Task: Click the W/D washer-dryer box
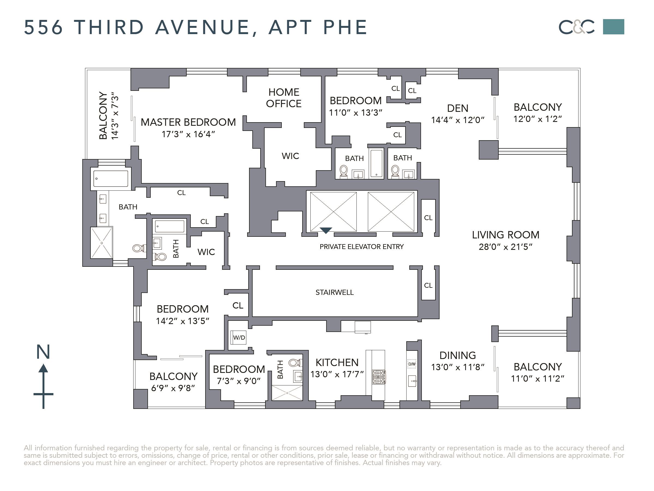(239, 338)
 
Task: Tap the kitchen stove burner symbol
(379, 377)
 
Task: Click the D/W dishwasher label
(412, 364)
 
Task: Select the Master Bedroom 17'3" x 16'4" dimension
(188, 134)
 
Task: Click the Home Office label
(284, 98)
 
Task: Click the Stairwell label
(334, 292)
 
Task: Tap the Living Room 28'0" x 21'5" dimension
(505, 247)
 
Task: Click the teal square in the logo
(613, 27)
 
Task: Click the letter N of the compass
(43, 352)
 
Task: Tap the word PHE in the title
(345, 27)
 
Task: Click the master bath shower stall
(101, 243)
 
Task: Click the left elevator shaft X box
(333, 212)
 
